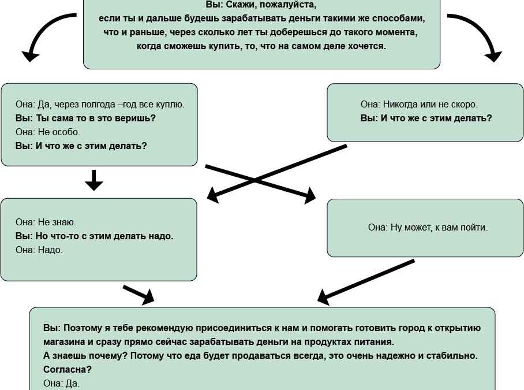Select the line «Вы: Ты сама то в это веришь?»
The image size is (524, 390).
(x=85, y=118)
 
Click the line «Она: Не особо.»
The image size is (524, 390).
(x=48, y=132)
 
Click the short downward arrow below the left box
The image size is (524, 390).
(x=94, y=180)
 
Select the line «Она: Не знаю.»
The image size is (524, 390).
(x=46, y=222)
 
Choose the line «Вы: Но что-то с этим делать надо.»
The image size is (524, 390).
(x=94, y=236)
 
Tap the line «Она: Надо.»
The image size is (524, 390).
(x=39, y=250)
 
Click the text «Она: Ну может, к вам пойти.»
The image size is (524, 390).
(x=428, y=228)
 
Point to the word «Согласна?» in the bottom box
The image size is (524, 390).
(x=68, y=369)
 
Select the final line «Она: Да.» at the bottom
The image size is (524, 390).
(x=62, y=383)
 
